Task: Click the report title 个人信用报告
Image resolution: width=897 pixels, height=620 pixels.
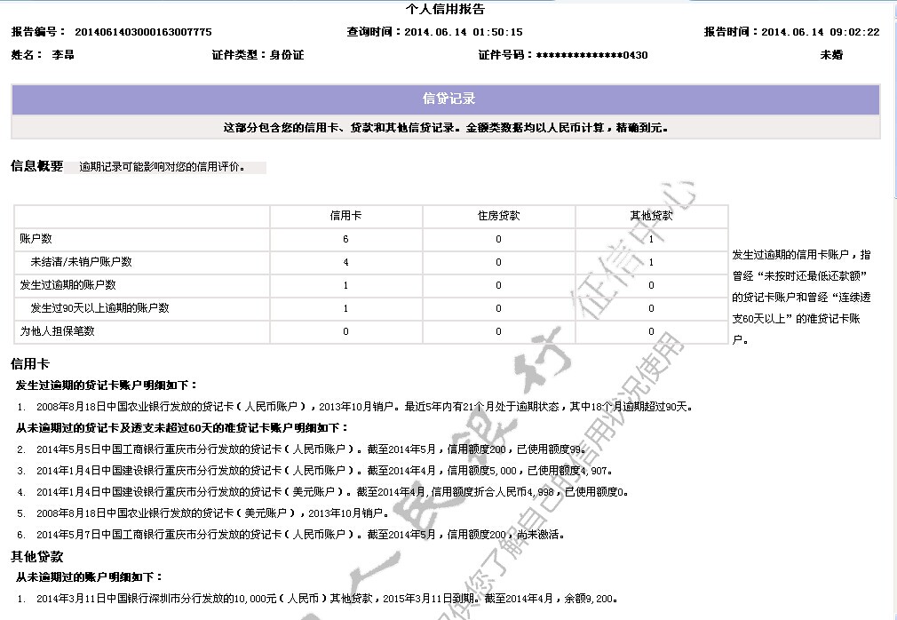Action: click(445, 10)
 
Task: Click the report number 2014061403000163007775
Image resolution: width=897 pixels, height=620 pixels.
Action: click(143, 32)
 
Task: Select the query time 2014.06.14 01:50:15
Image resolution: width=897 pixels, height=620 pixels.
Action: click(463, 32)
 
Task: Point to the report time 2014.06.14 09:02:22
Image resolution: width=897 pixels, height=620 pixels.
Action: click(820, 32)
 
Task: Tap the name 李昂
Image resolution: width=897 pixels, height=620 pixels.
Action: click(63, 55)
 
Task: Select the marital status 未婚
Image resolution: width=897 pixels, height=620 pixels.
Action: click(831, 55)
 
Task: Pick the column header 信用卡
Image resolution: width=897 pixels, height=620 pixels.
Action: click(345, 216)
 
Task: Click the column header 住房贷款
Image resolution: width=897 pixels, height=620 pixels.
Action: click(498, 216)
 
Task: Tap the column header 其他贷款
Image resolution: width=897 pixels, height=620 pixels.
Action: click(651, 216)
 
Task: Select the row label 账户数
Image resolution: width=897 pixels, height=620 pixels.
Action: click(36, 239)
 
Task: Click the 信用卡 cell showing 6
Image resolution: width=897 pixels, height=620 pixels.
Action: click(345, 239)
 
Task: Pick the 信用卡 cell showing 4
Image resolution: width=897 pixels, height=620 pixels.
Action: click(345, 262)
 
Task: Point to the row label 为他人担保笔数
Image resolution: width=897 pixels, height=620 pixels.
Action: click(58, 331)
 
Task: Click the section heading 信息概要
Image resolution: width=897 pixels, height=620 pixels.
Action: click(36, 166)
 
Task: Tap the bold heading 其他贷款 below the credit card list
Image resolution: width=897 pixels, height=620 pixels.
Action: click(36, 557)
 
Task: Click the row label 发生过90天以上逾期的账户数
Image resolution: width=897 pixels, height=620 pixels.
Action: click(99, 308)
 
